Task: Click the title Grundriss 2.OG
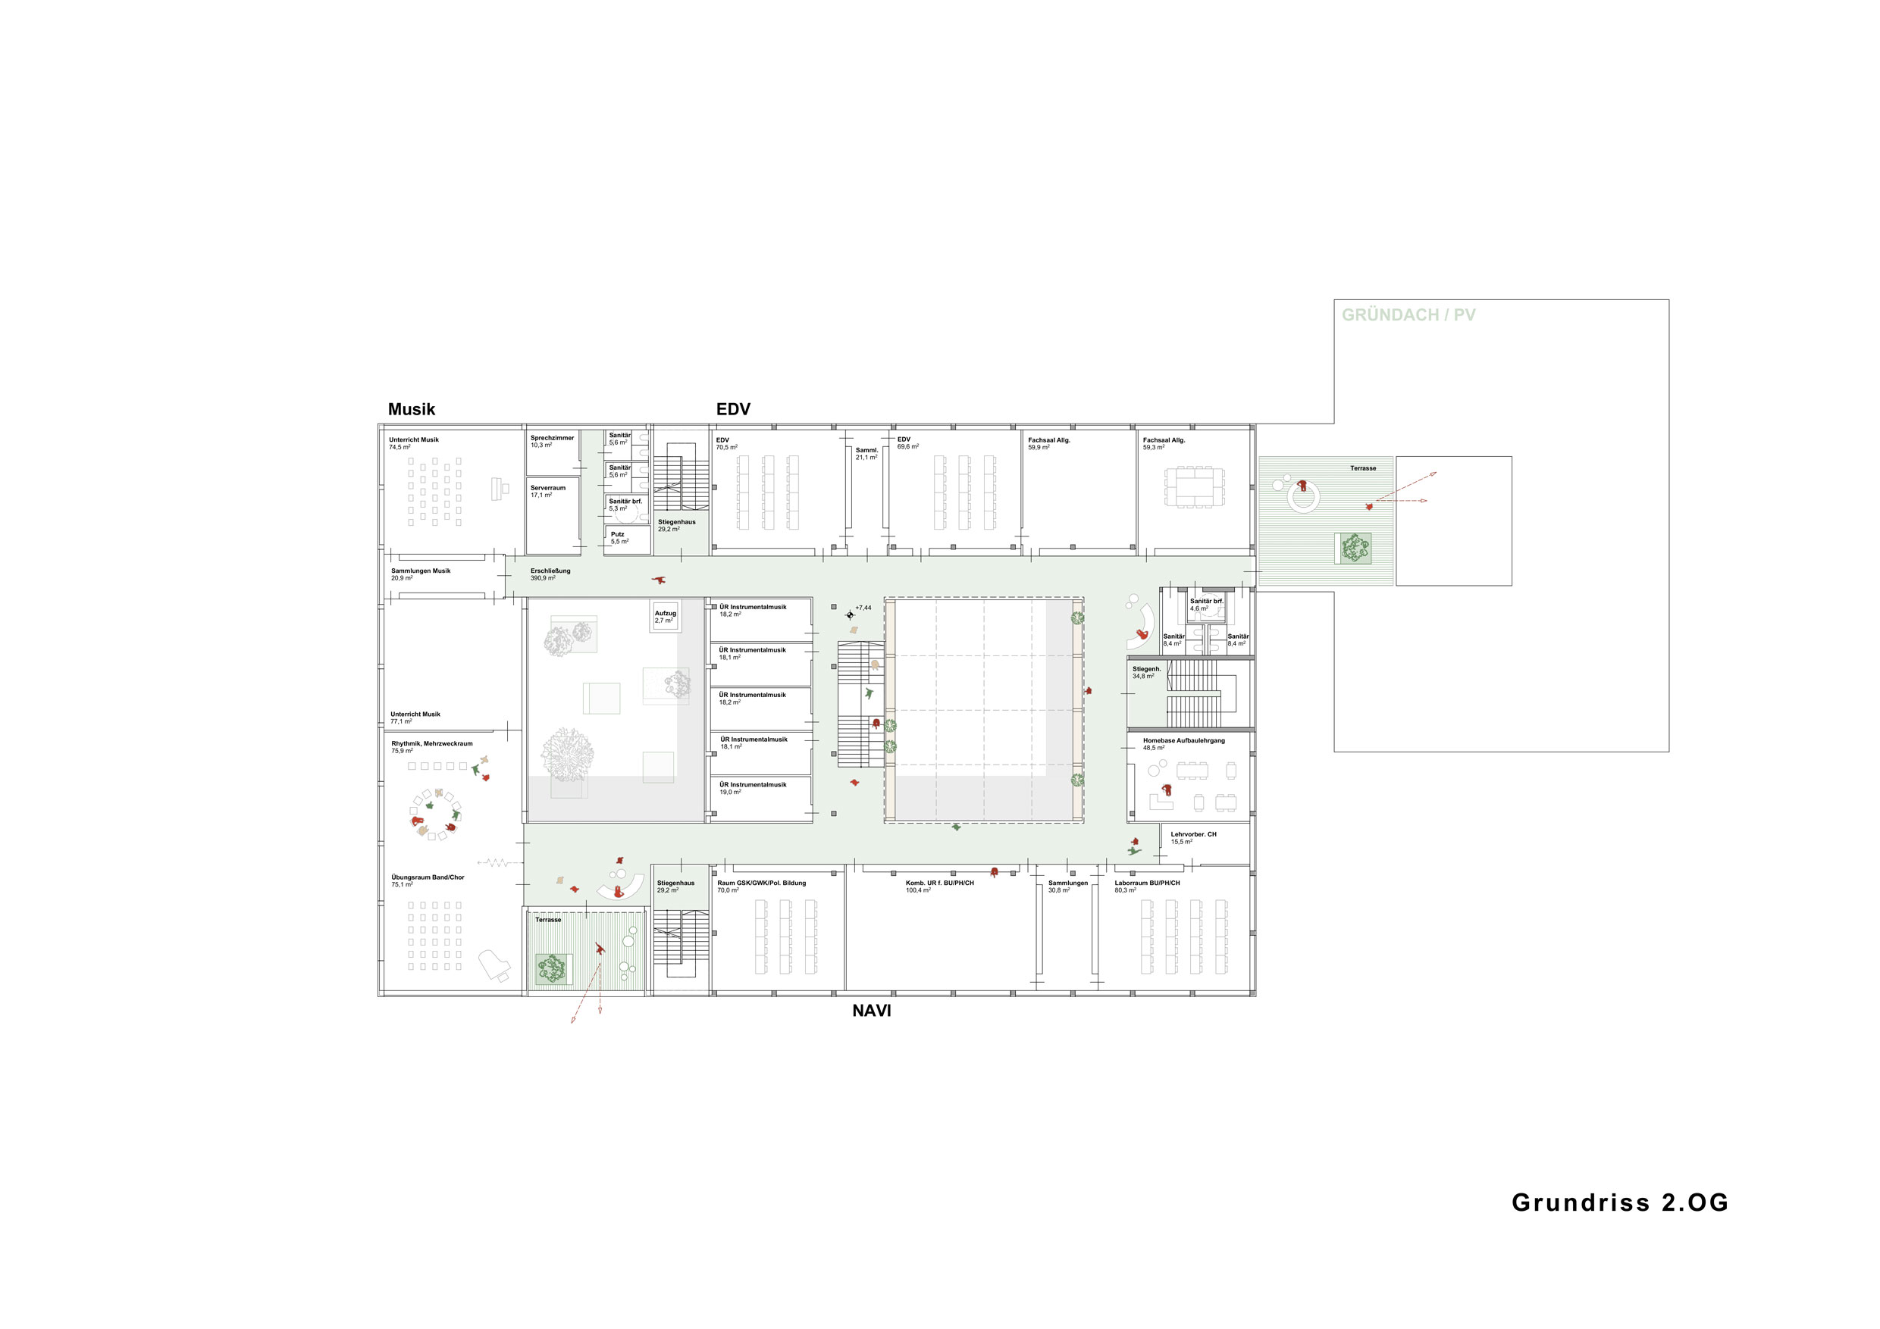1620,1202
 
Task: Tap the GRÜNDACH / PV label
1408,315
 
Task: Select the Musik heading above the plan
411,409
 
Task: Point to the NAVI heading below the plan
871,1011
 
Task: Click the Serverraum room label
548,491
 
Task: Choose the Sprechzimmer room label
552,441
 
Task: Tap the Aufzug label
665,616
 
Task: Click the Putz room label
619,538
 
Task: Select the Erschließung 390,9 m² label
550,574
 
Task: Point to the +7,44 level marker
863,608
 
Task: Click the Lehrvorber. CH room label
1193,838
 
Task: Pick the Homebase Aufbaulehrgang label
1184,744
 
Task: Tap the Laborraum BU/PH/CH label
1147,887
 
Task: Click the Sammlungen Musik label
420,574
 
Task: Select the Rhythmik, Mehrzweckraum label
431,747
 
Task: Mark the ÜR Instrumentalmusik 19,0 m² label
753,788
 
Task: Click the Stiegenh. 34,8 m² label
1146,673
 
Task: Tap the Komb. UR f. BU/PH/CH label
939,887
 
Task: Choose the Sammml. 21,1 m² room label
866,453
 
